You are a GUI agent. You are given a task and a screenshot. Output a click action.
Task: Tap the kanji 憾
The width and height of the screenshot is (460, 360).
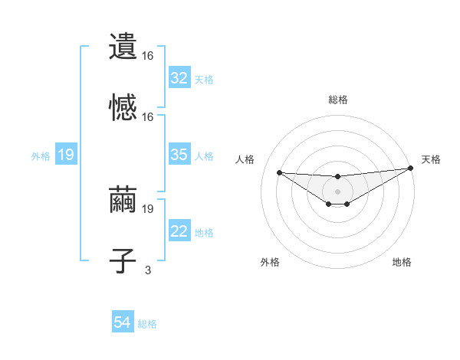click(123, 106)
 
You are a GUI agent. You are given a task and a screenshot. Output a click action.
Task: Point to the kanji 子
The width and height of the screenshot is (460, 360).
click(123, 260)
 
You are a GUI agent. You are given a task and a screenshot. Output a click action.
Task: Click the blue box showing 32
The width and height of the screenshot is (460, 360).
click(179, 78)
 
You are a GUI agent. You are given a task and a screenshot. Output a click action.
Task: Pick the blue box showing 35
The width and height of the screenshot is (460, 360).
click(179, 155)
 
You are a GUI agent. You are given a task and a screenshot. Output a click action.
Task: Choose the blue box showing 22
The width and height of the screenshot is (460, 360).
click(179, 232)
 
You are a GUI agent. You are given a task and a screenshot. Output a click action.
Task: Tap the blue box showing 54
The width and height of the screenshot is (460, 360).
click(123, 322)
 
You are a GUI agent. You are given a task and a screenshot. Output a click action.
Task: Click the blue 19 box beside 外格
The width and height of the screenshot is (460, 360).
click(65, 155)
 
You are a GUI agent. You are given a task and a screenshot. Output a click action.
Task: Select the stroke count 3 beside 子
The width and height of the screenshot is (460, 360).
click(148, 270)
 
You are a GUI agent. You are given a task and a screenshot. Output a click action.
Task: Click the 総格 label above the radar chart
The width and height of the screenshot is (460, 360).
click(337, 100)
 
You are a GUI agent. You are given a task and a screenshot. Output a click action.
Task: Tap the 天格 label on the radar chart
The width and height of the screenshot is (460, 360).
click(431, 159)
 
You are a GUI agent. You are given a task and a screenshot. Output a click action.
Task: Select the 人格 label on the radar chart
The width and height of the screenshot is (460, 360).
click(245, 159)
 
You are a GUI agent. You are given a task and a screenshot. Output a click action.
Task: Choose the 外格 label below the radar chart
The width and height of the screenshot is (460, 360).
click(270, 262)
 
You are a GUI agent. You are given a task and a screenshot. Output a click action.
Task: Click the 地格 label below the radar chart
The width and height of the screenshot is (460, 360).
click(402, 262)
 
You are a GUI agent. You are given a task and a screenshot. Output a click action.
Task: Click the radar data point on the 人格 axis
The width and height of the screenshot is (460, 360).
click(279, 172)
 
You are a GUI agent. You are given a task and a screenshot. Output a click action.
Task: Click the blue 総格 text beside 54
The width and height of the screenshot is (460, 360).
click(147, 323)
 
